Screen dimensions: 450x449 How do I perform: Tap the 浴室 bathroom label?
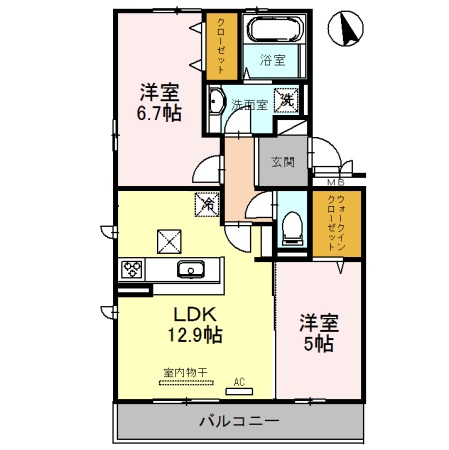pos(273,60)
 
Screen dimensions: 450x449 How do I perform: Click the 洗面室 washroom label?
pos(248,103)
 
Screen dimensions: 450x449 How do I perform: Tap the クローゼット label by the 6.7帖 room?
pos(220,46)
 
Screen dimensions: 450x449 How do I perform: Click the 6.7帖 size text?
pos(159,114)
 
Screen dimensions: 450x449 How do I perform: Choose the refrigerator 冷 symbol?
pos(208,204)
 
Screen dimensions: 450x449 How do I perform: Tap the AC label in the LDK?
pos(239,380)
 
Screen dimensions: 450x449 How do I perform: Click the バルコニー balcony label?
pos(238,420)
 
